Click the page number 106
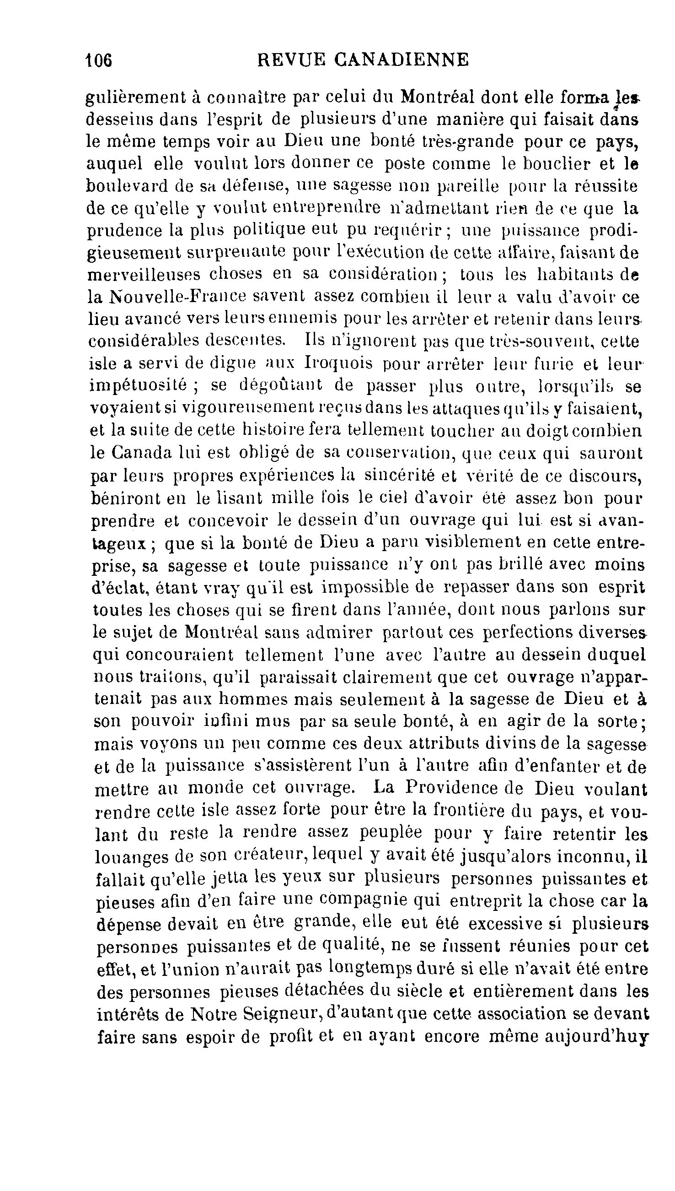pos(99,60)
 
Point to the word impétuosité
pos(138,385)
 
